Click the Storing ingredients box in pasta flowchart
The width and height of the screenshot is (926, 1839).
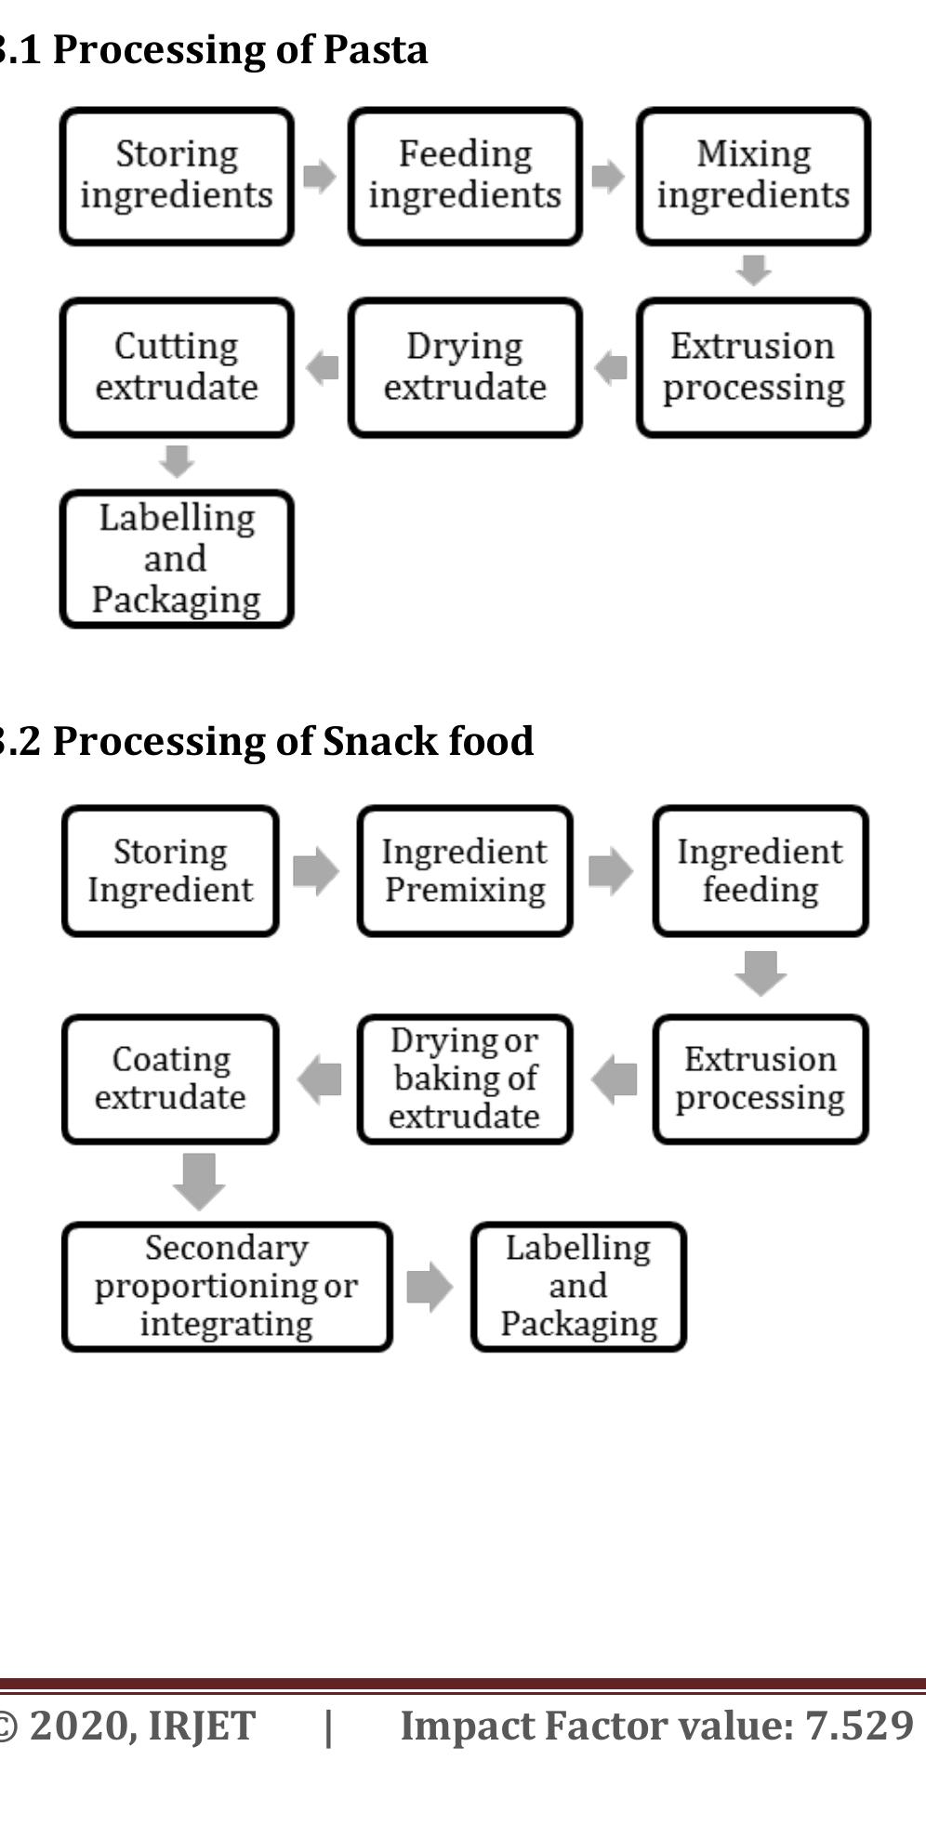pos(177,176)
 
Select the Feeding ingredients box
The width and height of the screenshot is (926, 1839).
pos(465,176)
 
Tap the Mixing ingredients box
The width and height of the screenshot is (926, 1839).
pos(753,176)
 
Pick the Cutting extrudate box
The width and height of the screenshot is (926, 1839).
pos(177,367)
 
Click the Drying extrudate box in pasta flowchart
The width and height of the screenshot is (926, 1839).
pos(465,367)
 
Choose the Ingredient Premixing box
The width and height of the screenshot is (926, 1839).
pos(465,871)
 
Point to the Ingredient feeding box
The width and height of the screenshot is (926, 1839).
pos(760,871)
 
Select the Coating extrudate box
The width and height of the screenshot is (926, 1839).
pos(170,1078)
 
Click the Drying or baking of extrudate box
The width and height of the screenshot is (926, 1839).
pos(465,1078)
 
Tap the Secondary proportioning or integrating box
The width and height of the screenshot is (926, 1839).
pos(227,1286)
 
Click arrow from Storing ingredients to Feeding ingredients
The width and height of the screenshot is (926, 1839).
pos(319,175)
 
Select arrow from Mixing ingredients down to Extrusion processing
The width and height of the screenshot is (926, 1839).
pos(753,270)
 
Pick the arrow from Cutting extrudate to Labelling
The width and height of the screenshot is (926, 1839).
pos(177,461)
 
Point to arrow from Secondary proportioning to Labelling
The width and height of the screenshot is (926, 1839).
pos(430,1287)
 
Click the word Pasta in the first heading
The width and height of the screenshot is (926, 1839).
pos(376,49)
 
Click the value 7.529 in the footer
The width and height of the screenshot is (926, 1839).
pos(860,1726)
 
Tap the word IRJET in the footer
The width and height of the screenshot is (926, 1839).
pos(202,1727)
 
